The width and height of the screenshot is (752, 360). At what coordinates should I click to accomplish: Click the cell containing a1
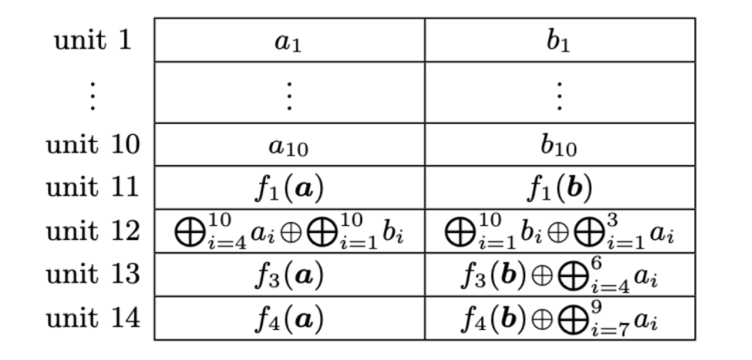(289, 40)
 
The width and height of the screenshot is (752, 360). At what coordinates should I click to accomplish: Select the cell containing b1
(559, 40)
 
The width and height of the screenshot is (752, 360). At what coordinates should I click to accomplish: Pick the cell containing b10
(559, 146)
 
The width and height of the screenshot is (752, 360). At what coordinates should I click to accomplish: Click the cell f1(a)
(289, 189)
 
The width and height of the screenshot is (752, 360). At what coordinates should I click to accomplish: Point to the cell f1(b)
(559, 189)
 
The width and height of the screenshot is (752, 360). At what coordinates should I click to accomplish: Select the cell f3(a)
(289, 275)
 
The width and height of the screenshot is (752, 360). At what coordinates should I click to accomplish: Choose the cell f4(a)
(289, 318)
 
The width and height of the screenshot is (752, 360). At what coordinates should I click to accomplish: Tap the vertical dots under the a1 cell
(289, 93)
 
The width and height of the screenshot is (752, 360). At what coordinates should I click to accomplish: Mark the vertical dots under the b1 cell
(559, 93)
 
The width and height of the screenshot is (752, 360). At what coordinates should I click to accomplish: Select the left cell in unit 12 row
(289, 232)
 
